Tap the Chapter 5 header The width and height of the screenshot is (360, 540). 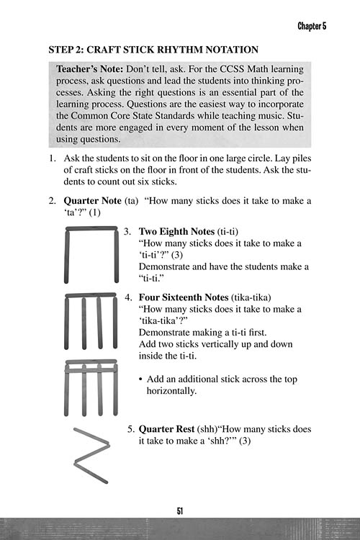click(x=312, y=26)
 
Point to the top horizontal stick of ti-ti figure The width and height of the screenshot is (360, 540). click(x=91, y=230)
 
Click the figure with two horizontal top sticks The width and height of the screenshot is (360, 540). click(x=91, y=387)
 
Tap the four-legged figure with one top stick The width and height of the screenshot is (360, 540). click(x=91, y=322)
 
